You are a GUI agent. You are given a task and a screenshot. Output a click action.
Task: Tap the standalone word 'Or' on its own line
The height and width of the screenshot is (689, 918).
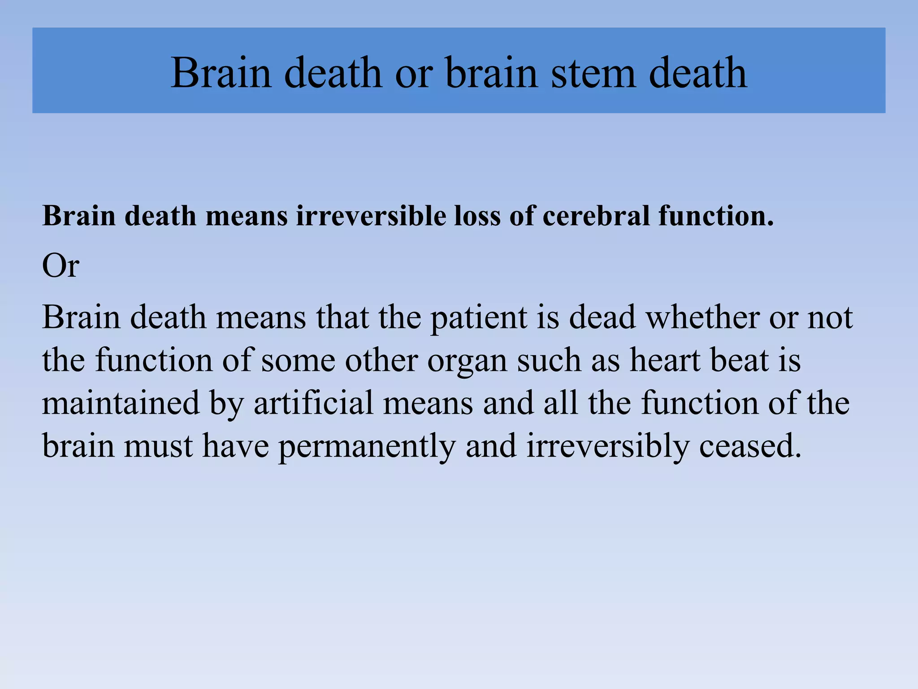(61, 266)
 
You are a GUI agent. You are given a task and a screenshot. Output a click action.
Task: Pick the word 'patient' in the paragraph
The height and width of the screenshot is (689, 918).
(478, 318)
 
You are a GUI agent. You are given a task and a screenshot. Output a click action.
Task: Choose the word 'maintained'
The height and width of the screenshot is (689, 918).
(121, 403)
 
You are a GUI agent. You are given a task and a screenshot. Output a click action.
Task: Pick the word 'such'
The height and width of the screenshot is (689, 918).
(549, 360)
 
